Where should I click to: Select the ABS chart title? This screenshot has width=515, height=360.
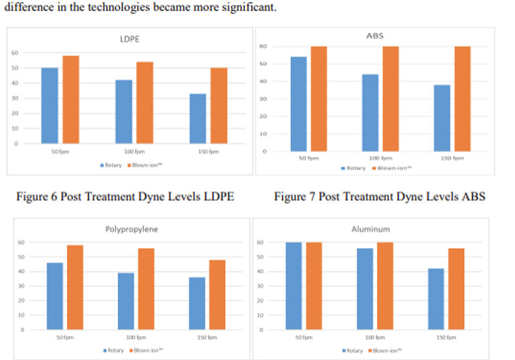[376, 36]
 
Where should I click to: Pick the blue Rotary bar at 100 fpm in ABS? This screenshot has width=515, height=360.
[370, 113]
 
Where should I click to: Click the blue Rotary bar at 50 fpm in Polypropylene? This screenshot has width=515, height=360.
[55, 296]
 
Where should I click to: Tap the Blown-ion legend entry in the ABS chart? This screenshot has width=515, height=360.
[391, 168]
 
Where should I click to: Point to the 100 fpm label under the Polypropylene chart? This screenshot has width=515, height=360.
[127, 337]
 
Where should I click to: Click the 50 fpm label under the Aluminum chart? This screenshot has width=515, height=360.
[302, 337]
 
